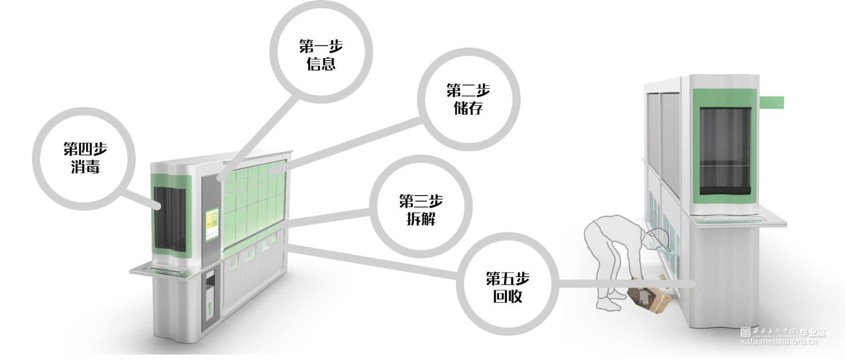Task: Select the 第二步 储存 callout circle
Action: pos(468,99)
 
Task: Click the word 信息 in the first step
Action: pos(321,64)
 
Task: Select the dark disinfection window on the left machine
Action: pos(170,220)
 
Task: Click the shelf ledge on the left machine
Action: pos(163,271)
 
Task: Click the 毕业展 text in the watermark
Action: pos(813,333)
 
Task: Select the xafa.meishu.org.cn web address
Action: pos(783,342)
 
